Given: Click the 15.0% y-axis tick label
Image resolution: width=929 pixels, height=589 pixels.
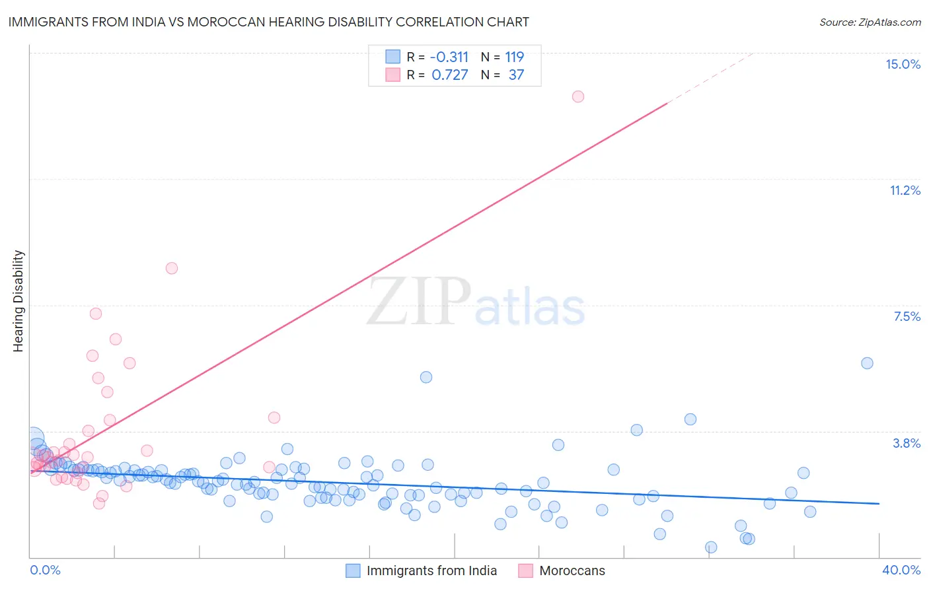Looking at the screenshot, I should tap(903, 64).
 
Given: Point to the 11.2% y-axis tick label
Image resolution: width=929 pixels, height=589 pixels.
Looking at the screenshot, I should tap(905, 190).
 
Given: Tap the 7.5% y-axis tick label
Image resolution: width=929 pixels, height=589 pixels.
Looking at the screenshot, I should tap(907, 316).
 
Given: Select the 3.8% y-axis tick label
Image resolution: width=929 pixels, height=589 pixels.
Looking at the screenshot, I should tap(907, 443).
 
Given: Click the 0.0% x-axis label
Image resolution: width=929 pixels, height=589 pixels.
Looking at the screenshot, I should tap(45, 570).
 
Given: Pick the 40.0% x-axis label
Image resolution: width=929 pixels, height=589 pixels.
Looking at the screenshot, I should tap(901, 570).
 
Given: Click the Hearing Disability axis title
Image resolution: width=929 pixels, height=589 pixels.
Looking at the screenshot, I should tap(19, 300).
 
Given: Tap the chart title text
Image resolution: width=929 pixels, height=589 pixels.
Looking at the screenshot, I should tap(268, 22).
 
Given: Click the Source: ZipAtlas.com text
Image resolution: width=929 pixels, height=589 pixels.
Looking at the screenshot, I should tap(870, 22).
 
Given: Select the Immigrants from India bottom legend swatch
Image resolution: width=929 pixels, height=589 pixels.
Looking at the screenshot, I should tap(353, 571).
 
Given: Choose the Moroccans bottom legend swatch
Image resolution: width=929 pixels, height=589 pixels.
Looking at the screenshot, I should tap(526, 571).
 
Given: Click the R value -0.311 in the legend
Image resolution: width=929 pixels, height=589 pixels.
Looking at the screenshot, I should tap(449, 57).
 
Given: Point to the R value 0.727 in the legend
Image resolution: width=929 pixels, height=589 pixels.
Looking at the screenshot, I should tap(450, 75).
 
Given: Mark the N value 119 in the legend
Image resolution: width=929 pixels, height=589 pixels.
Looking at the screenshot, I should tap(515, 57).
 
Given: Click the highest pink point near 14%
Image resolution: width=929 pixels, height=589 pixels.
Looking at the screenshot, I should tap(578, 96).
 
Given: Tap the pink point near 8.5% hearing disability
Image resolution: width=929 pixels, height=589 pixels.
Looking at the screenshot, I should tap(172, 268).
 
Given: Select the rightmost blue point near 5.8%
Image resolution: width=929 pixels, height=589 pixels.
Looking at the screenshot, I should tap(868, 363).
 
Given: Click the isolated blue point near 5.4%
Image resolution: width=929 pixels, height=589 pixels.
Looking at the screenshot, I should tap(426, 377).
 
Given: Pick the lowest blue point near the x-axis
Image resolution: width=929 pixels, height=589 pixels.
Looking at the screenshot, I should tap(711, 547).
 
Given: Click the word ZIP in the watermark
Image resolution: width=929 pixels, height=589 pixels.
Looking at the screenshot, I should tap(418, 301).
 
